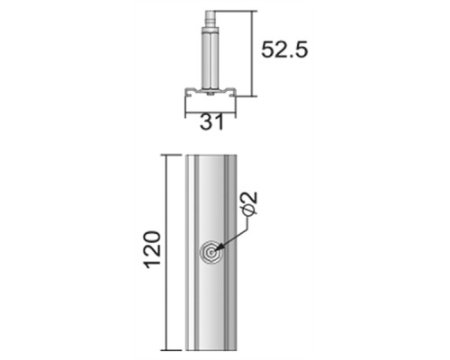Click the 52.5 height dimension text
point(284,49)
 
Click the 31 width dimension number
point(211,122)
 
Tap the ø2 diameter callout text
point(250,205)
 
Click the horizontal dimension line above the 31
point(211,112)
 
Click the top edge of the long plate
point(211,155)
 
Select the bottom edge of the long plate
point(211,349)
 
